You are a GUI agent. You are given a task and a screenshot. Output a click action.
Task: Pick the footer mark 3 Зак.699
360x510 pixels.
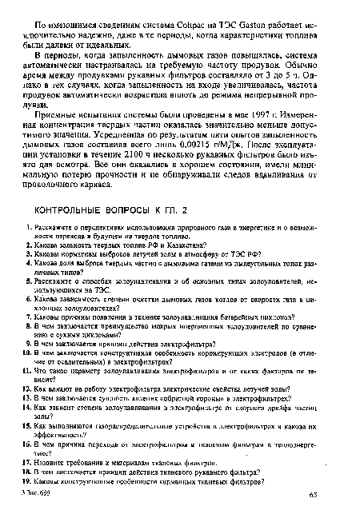pos(29,498)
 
